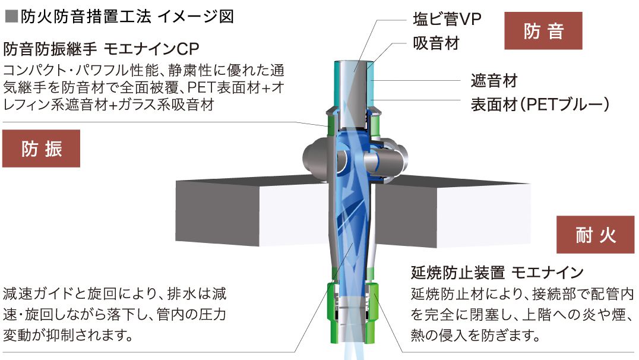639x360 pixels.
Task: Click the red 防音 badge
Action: click(543, 30)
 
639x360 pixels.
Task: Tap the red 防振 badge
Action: click(41, 149)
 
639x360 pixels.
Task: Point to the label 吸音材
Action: click(436, 43)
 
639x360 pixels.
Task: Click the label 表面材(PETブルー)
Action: click(540, 105)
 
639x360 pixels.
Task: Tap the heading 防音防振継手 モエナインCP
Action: click(101, 47)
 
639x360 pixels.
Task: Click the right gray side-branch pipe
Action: click(391, 159)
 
